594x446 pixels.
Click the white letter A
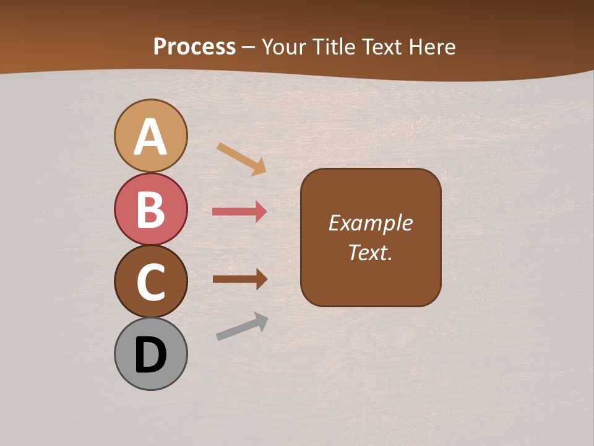click(x=151, y=138)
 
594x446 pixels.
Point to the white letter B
click(x=151, y=209)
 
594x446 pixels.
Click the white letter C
click(x=151, y=282)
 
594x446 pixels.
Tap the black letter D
click(x=151, y=355)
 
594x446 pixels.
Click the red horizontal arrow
click(x=239, y=212)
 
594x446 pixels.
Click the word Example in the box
click(x=370, y=223)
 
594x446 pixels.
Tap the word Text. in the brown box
click(x=370, y=253)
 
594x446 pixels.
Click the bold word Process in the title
click(x=194, y=46)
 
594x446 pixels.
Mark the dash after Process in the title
click(x=248, y=47)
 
